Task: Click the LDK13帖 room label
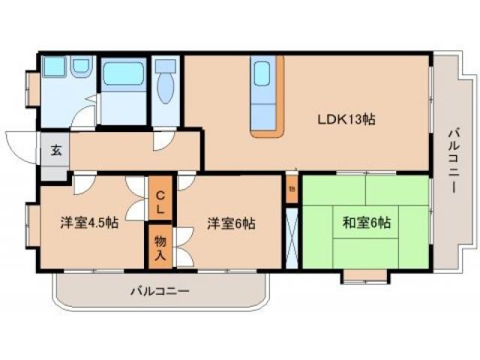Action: [x=346, y=118]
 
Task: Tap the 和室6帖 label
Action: [x=366, y=222]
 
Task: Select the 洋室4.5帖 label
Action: [x=89, y=222]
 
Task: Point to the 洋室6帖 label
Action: [x=231, y=222]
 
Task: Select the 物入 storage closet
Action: [x=160, y=245]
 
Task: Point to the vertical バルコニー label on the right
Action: [x=453, y=160]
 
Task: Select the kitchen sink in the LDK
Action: [x=262, y=75]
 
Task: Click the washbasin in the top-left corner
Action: [x=55, y=67]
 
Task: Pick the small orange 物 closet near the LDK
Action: [x=292, y=189]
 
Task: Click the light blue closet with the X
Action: [x=292, y=236]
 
